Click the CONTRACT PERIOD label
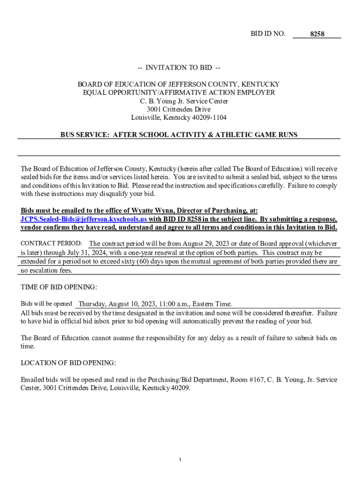[x=51, y=244]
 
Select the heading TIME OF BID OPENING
[x=59, y=287]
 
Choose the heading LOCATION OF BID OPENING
[x=68, y=363]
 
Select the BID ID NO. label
[x=268, y=34]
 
